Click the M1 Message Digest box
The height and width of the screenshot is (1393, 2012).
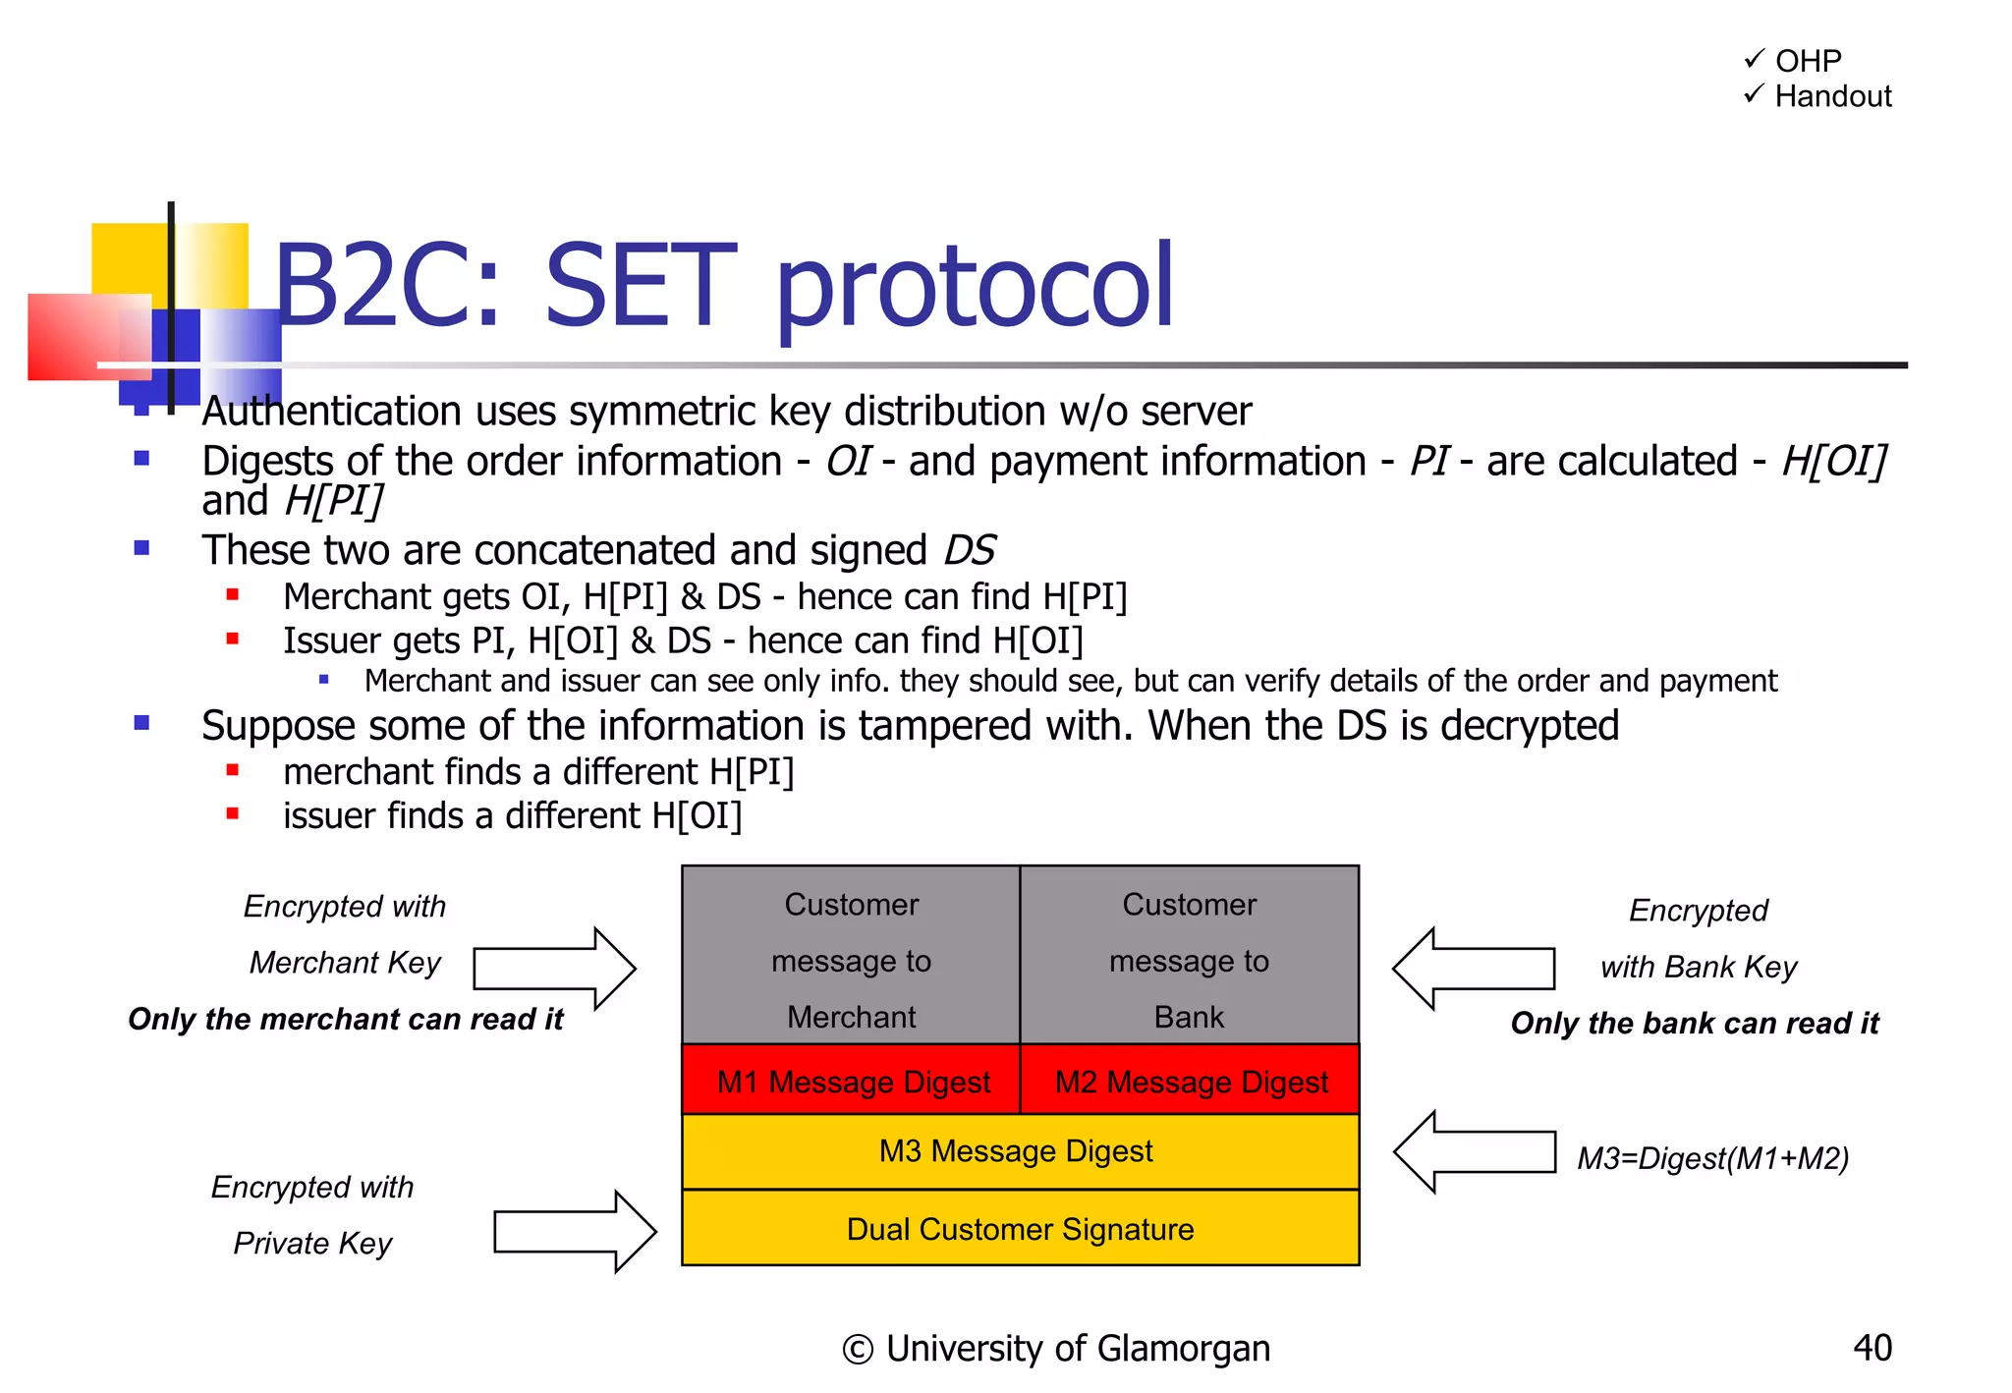point(852,1081)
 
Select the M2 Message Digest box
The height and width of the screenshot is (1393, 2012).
point(1190,1081)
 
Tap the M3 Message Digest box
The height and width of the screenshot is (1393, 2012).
point(1020,1151)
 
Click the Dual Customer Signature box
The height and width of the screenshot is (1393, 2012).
point(1020,1229)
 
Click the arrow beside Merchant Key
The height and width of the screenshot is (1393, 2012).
point(554,969)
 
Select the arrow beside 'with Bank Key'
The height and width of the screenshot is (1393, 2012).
point(1473,969)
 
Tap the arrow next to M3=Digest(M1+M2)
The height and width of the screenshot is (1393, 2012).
point(1474,1152)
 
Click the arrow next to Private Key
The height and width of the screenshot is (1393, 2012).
point(575,1232)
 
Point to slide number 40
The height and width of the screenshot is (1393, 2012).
point(1872,1348)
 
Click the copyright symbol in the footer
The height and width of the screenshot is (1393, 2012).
point(857,1350)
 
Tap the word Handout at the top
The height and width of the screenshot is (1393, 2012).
point(1832,96)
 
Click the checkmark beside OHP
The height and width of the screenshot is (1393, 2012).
point(1754,59)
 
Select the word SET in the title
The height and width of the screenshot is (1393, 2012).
point(640,287)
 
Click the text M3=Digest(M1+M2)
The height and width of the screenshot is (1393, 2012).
point(1712,1159)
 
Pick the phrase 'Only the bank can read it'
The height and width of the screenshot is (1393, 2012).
point(1695,1024)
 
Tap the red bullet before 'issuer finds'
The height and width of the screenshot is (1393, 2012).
point(233,813)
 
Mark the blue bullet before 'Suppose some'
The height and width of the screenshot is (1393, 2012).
point(142,724)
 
